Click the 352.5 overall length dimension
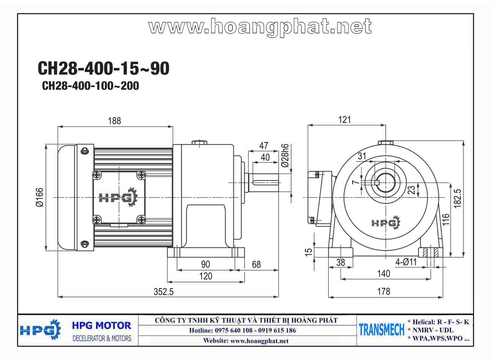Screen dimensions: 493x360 tap(163, 292)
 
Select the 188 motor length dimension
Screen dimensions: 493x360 tap(115, 121)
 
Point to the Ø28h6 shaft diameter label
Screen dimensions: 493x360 tap(285, 156)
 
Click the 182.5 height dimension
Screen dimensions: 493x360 tap(458, 198)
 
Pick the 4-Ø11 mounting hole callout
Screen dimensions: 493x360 tap(406, 262)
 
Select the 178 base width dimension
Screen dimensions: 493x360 tap(384, 291)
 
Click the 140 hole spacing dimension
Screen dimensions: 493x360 tap(384, 274)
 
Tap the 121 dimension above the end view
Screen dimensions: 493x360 tap(344, 120)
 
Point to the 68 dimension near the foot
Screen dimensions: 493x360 tap(256, 265)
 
